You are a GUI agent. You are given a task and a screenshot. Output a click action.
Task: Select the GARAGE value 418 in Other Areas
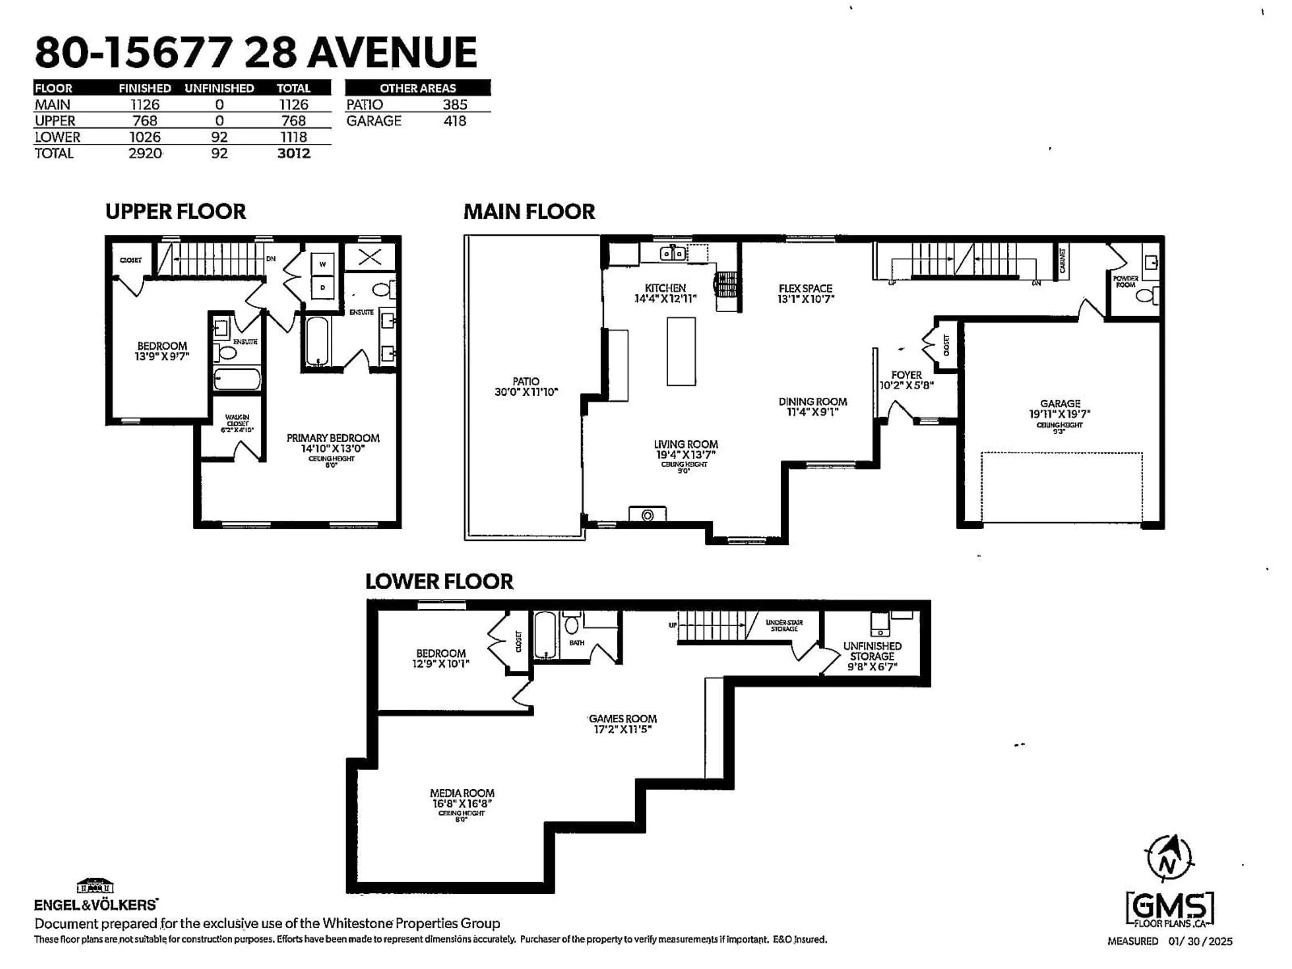click(455, 121)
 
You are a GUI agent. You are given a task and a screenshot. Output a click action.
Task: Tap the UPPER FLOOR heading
click(175, 211)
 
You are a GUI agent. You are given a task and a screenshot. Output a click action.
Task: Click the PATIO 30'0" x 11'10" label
click(526, 387)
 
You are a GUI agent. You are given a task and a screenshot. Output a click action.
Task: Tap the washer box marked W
click(322, 264)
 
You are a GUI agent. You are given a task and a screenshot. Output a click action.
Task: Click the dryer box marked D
click(322, 287)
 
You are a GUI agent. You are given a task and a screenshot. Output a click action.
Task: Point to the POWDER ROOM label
click(1125, 282)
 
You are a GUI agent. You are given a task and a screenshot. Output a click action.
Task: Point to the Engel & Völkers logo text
click(95, 905)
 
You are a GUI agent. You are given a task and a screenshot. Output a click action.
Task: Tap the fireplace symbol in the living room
click(647, 514)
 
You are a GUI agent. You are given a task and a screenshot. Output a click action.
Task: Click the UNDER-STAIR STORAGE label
click(784, 625)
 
